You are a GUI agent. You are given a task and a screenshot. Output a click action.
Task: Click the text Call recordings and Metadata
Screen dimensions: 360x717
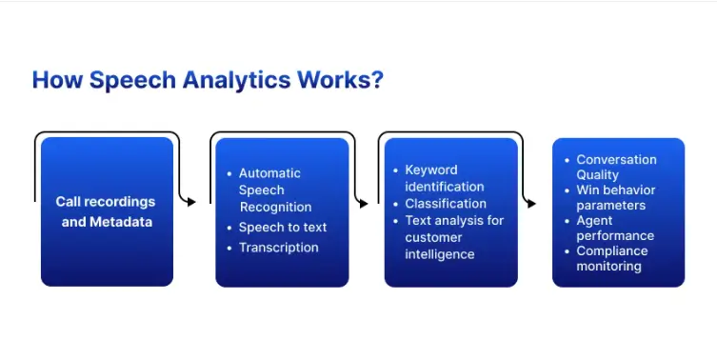[x=105, y=210]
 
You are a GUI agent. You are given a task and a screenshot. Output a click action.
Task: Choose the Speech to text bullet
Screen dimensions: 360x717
[x=282, y=227]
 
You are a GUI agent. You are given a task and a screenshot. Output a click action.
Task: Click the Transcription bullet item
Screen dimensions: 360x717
[x=278, y=247]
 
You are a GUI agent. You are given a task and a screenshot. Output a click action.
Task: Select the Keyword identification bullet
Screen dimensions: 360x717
[x=445, y=178]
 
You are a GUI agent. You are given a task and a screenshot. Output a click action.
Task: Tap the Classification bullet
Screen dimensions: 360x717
[x=446, y=203]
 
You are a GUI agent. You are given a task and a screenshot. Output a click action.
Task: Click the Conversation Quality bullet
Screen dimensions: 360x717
[x=616, y=167]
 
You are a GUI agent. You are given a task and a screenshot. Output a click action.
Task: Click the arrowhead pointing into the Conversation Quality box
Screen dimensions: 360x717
[x=530, y=202]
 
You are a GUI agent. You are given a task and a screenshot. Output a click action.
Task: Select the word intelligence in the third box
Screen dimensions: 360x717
[x=440, y=254]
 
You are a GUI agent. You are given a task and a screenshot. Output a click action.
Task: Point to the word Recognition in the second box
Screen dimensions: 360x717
[x=275, y=207]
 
